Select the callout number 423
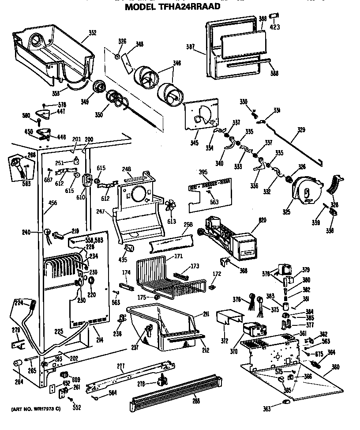(275, 27)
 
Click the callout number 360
(336, 367)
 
